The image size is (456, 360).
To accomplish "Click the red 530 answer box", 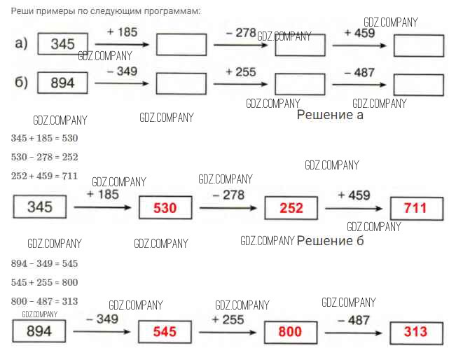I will pyautogui.click(x=165, y=208).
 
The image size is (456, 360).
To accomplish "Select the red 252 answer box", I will pyautogui.click(x=291, y=208).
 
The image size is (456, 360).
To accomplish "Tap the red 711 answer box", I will pyautogui.click(x=417, y=208).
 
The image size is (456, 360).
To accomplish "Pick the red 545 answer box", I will pyautogui.click(x=165, y=331).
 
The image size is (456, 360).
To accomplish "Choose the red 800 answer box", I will pyautogui.click(x=290, y=331).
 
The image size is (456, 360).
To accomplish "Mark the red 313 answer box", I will pyautogui.click(x=416, y=331).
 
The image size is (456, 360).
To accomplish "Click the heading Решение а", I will pyautogui.click(x=330, y=115).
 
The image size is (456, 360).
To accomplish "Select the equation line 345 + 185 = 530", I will pyautogui.click(x=44, y=138).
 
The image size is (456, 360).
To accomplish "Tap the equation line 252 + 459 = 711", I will pyautogui.click(x=44, y=175).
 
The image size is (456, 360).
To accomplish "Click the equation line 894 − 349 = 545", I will pyautogui.click(x=44, y=263).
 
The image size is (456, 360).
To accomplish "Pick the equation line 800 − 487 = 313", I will pyautogui.click(x=44, y=300).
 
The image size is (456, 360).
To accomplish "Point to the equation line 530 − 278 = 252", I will pyautogui.click(x=44, y=157).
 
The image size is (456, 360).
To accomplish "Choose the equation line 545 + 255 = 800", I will pyautogui.click(x=44, y=282).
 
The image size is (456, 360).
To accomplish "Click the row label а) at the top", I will pyautogui.click(x=21, y=44).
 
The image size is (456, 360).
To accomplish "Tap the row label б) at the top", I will pyautogui.click(x=21, y=83).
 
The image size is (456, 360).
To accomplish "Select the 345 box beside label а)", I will pyautogui.click(x=62, y=44).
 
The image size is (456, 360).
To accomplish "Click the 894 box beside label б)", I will pyautogui.click(x=62, y=83).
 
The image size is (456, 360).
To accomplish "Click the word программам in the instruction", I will pyautogui.click(x=170, y=11).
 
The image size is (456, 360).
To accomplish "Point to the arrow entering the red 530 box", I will pyautogui.click(x=102, y=207).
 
